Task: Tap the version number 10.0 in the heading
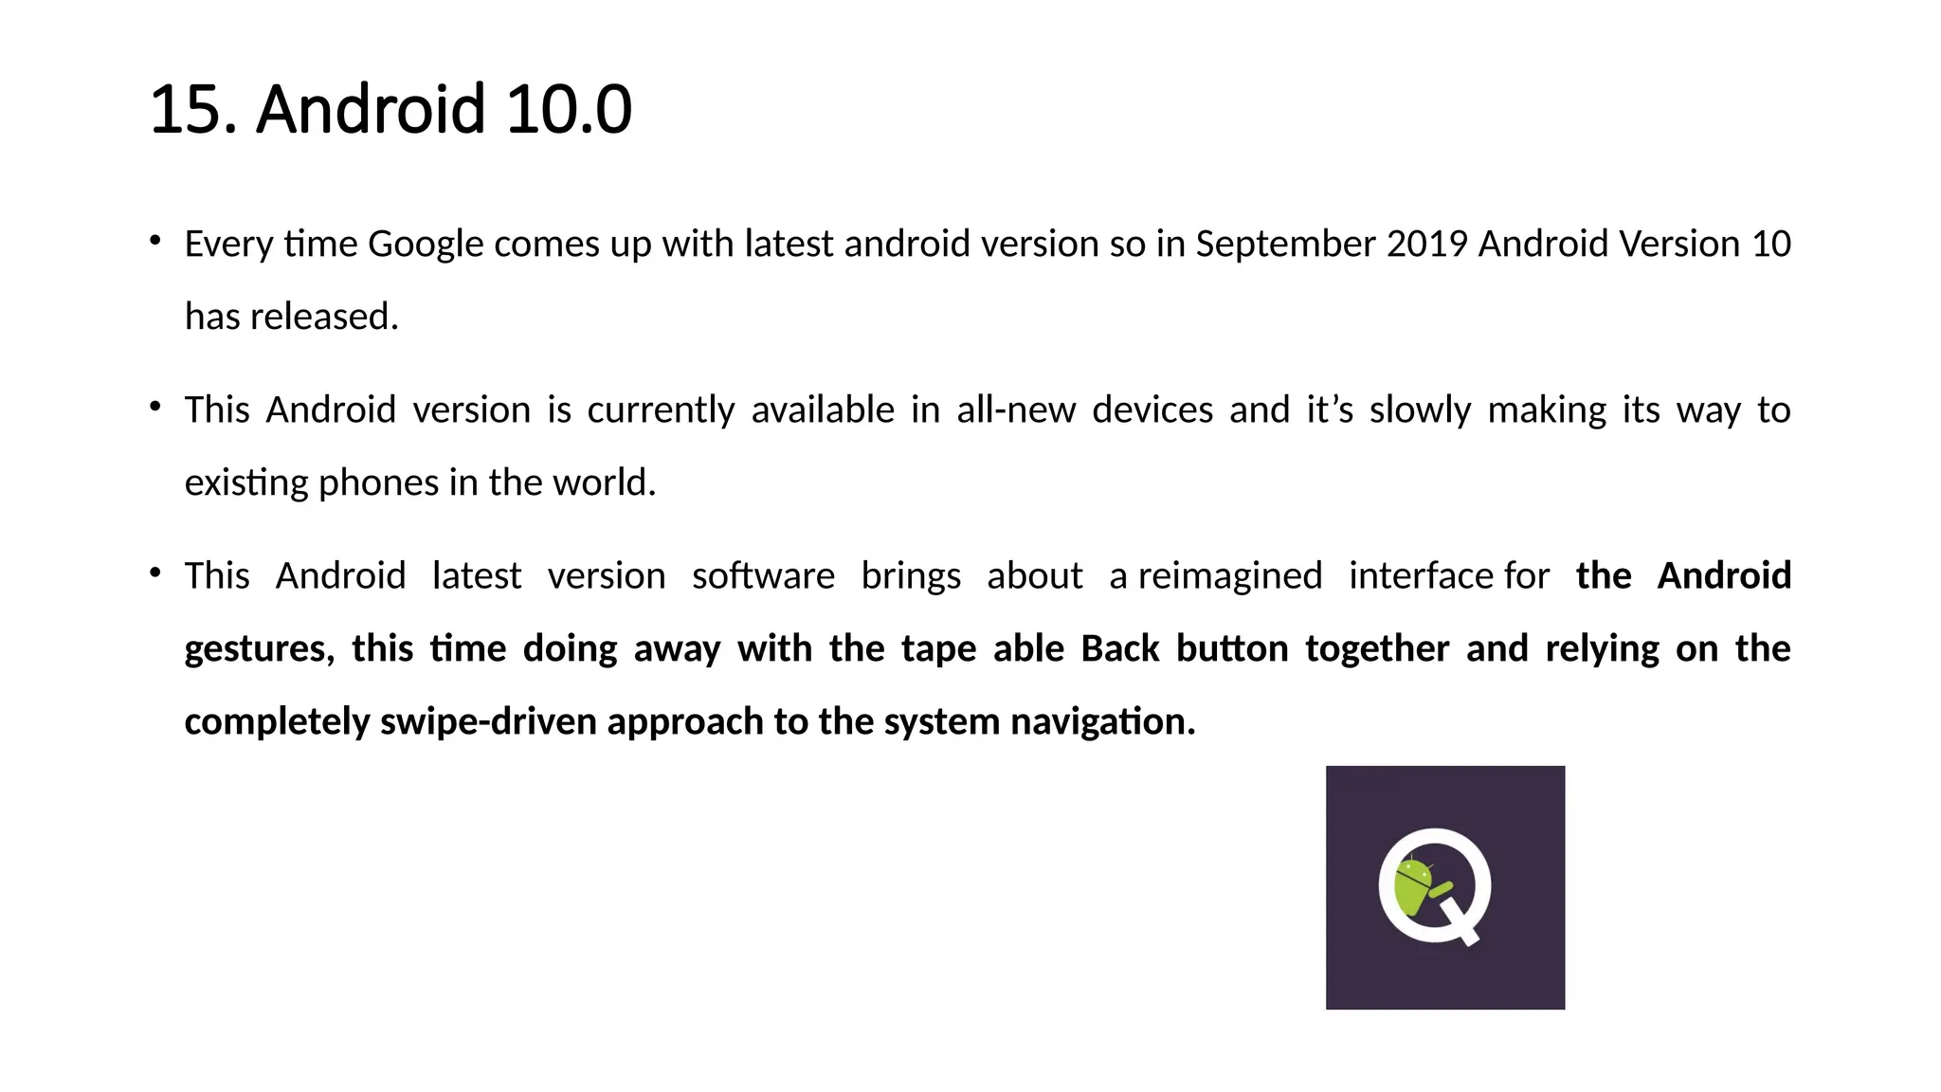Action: pos(568,110)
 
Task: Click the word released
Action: pos(324,317)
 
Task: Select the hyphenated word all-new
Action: pos(1016,410)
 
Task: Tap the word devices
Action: pos(1152,410)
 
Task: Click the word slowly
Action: pos(1420,410)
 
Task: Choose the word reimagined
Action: pos(1230,576)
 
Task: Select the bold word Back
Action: pos(1119,649)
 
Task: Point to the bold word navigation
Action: pos(1102,722)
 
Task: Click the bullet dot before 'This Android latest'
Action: pos(154,572)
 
